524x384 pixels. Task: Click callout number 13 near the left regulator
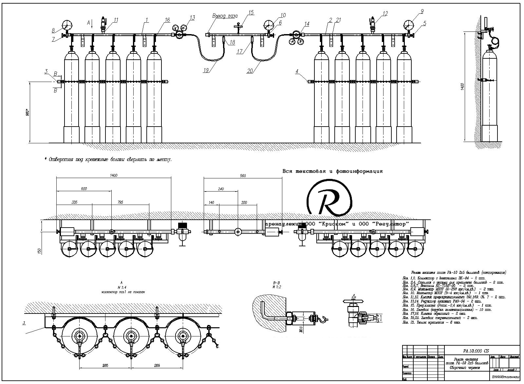coord(192,18)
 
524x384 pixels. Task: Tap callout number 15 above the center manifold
coord(251,13)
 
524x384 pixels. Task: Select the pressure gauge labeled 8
coord(66,25)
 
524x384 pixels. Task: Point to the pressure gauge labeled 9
coord(409,25)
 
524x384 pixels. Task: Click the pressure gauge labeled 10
coord(269,25)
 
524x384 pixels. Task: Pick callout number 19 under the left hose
coord(206,70)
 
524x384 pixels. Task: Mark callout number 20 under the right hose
coord(250,70)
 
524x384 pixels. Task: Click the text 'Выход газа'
coord(225,16)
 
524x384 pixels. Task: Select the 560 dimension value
coord(243,176)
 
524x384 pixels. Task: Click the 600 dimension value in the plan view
coord(84,189)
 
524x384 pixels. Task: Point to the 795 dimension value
coord(120,203)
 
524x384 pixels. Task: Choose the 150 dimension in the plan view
coord(40,251)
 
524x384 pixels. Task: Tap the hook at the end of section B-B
coord(325,318)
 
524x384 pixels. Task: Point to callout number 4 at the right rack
coord(297,71)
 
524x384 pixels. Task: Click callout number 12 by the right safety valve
coord(385,14)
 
